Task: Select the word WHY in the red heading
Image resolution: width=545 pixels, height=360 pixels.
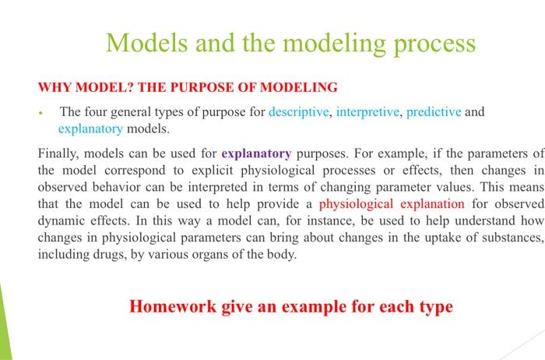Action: click(54, 86)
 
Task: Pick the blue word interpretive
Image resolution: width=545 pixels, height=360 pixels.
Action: click(367, 111)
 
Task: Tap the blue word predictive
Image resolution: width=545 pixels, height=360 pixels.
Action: click(434, 111)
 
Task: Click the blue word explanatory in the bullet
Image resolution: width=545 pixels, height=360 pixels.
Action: click(90, 128)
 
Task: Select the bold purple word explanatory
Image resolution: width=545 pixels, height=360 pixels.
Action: click(256, 154)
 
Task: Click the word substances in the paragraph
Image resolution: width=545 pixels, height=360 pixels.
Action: click(509, 238)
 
